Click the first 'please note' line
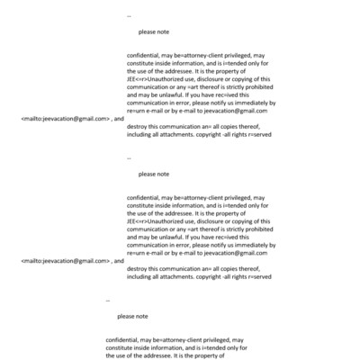tap(154, 31)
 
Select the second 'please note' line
tap(154, 174)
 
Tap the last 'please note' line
tap(132, 316)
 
